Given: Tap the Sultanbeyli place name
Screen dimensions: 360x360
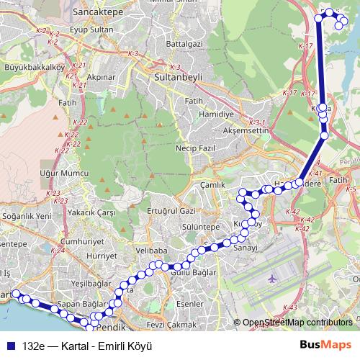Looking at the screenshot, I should point(177,75).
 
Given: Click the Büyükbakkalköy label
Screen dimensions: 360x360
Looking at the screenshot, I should point(35,68).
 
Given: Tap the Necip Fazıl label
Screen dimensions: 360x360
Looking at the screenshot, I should point(191,148).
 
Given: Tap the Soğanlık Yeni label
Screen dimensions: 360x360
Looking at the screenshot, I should point(27,216).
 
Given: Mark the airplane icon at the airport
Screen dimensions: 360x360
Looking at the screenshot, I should point(271,277).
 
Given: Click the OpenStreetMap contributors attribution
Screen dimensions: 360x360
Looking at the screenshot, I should point(297,323).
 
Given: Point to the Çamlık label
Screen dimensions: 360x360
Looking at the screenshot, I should point(214,184).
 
